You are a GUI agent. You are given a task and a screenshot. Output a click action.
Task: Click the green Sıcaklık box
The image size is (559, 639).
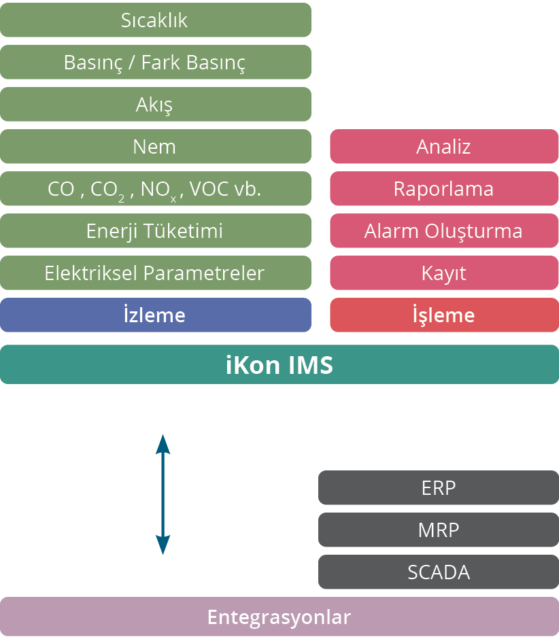(155, 20)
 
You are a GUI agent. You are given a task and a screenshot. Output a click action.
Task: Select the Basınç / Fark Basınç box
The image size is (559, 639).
(155, 62)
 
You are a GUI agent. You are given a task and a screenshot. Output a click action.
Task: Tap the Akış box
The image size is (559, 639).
(155, 104)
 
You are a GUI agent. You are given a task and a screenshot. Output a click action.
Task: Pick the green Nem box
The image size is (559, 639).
(155, 146)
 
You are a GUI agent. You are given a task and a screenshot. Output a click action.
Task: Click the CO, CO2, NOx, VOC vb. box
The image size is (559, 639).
(155, 188)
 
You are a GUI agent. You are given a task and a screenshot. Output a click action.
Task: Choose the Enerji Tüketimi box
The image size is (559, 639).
(155, 230)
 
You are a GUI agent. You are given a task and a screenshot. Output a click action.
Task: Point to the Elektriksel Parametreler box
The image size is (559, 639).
(155, 273)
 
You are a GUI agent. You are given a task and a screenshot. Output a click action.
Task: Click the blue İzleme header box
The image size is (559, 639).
(155, 315)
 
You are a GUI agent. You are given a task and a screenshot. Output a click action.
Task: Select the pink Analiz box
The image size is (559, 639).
(444, 146)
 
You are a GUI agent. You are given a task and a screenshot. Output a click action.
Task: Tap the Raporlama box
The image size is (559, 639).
(444, 188)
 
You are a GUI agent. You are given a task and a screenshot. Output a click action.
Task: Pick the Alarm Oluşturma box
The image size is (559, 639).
(444, 230)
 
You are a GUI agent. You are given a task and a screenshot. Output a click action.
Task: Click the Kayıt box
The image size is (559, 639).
(444, 273)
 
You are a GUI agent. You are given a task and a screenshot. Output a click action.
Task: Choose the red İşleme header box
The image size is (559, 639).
(444, 315)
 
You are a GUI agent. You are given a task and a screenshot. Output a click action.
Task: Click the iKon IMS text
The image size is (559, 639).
(279, 365)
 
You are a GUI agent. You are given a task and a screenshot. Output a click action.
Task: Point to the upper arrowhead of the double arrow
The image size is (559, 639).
(163, 443)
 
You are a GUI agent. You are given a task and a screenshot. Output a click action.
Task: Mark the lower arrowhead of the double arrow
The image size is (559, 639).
(163, 545)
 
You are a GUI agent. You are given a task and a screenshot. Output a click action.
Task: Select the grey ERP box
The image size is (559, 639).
(439, 487)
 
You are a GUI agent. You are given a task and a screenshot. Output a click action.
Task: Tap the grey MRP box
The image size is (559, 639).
(439, 530)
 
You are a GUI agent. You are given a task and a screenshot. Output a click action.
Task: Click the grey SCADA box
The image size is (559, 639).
(439, 572)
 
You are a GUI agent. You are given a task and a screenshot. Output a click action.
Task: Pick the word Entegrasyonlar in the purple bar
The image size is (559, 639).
(279, 617)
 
